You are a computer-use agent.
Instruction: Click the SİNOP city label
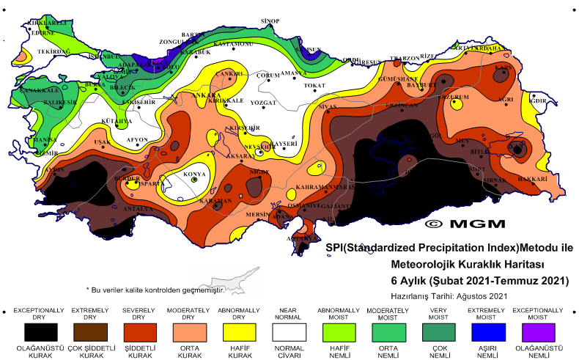pyautogui.click(x=270, y=21)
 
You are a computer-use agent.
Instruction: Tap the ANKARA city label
pyautogui.click(x=205, y=95)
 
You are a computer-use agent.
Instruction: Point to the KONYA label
pyautogui.click(x=194, y=175)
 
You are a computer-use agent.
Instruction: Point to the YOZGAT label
pyautogui.click(x=264, y=103)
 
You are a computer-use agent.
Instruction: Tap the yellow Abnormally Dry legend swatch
pyautogui.click(x=237, y=331)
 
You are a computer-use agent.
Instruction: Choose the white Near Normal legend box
pyautogui.click(x=287, y=331)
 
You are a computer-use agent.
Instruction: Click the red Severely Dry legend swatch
pyautogui.click(x=139, y=331)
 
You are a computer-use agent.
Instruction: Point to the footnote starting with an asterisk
pyautogui.click(x=155, y=290)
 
